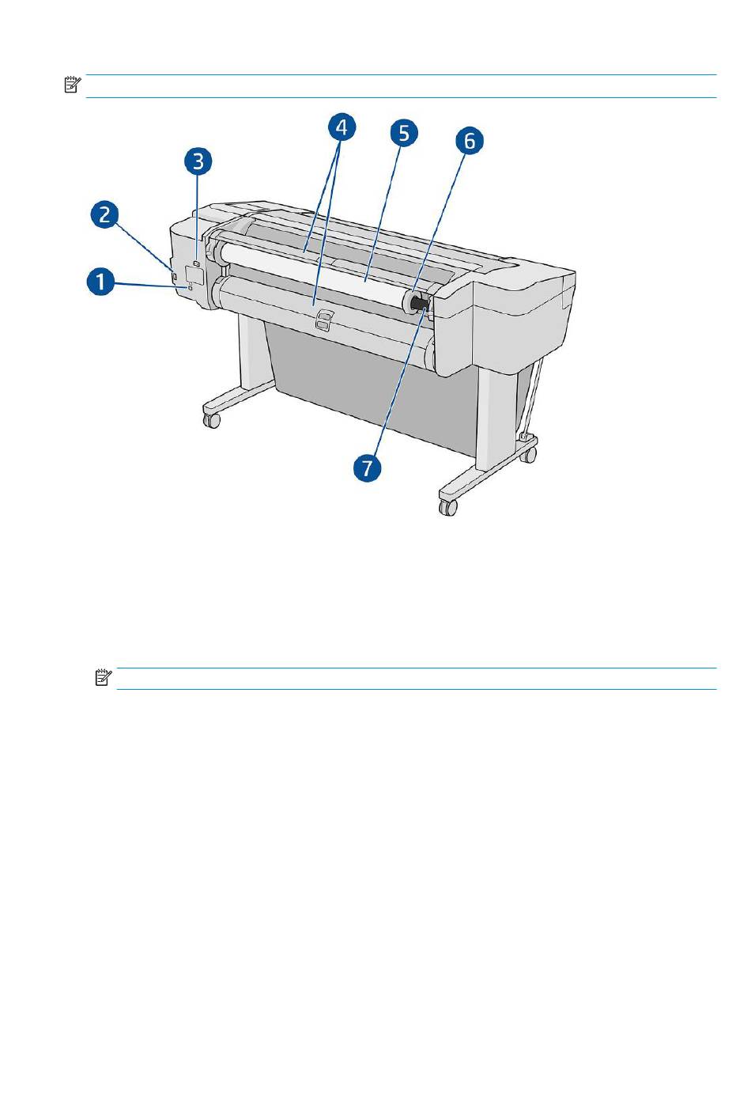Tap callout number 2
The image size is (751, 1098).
click(x=105, y=214)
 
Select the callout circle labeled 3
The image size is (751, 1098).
click(x=198, y=161)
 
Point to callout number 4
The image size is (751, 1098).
click(x=342, y=127)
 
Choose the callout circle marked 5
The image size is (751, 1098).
click(x=404, y=133)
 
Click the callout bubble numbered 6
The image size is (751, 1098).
click(x=470, y=141)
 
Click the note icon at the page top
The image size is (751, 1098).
click(x=73, y=85)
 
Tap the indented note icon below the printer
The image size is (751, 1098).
click(x=103, y=677)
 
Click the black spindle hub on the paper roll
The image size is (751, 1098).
click(x=418, y=304)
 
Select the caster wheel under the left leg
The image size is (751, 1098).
click(x=212, y=420)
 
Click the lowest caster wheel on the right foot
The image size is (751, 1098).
click(x=448, y=507)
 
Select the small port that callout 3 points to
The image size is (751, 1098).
click(x=197, y=263)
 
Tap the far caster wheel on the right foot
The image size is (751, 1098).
click(x=527, y=456)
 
